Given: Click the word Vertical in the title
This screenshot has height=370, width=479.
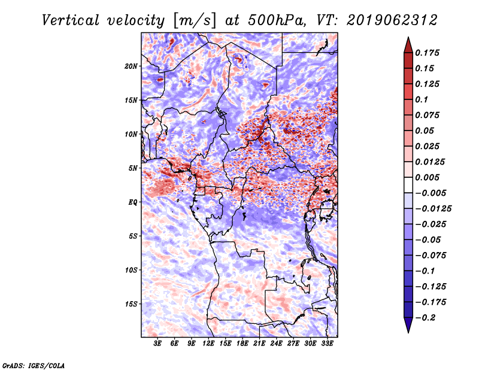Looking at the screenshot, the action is (x=70, y=20).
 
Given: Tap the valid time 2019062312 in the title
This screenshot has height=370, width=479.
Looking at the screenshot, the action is (x=392, y=20).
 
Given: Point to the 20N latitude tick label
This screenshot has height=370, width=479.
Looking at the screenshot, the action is (x=131, y=66).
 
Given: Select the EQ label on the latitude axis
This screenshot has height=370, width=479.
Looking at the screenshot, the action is (x=132, y=202).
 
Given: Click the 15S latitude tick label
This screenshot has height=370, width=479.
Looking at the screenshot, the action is (x=131, y=304).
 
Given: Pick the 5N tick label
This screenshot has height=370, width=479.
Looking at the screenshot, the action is (x=132, y=168).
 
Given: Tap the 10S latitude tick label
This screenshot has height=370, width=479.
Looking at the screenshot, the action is (x=131, y=270).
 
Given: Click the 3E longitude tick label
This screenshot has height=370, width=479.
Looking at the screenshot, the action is (x=157, y=344).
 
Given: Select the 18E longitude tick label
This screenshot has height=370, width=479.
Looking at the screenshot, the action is (x=242, y=344).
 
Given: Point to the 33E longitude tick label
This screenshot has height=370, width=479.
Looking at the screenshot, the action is (x=327, y=344).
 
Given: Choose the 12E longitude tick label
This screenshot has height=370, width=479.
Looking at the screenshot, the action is (x=208, y=344).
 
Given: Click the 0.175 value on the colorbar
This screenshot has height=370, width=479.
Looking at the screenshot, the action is (x=427, y=53).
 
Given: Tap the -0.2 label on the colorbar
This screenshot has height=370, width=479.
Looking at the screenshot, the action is (x=425, y=318).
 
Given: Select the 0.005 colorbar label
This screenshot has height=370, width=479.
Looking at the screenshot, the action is (x=427, y=177).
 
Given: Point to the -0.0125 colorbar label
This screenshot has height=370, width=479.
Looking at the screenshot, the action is (x=433, y=209).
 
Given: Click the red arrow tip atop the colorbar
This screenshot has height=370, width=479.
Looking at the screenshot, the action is (x=408, y=37).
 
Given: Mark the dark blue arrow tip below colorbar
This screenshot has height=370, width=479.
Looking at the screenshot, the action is (x=408, y=332).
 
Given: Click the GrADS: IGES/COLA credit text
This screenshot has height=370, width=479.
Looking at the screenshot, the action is (x=34, y=365).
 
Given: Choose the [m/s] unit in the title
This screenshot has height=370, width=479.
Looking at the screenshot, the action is (x=195, y=20).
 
